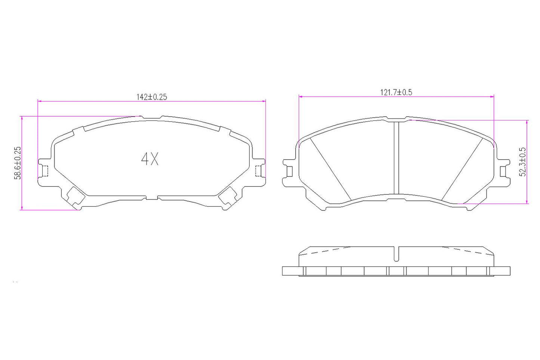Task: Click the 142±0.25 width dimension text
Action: click(151, 97)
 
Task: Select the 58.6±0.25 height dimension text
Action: click(18, 163)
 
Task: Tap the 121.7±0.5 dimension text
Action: click(396, 92)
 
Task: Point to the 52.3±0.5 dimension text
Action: click(522, 161)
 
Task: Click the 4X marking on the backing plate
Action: click(150, 159)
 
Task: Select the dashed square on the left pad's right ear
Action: click(257, 171)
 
